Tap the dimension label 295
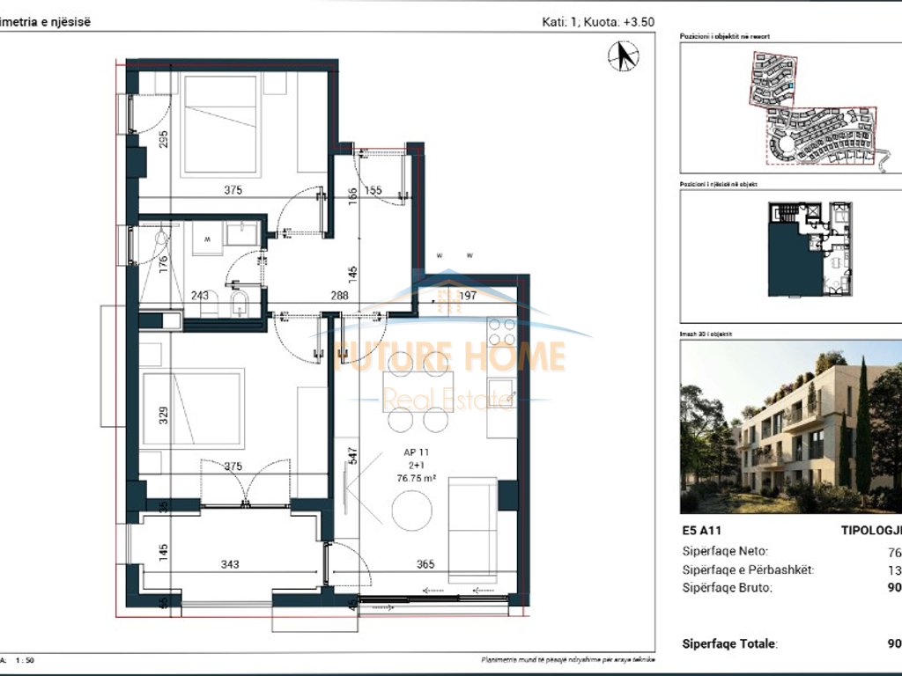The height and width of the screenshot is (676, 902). pyautogui.click(x=164, y=140)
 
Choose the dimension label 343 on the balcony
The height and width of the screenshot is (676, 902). pyautogui.click(x=232, y=565)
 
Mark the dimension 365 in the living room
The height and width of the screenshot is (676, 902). pyautogui.click(x=425, y=565)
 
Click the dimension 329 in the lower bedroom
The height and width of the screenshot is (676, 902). pyautogui.click(x=164, y=415)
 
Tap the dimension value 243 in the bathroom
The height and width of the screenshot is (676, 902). pyautogui.click(x=199, y=296)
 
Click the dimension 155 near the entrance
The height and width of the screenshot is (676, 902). pyautogui.click(x=373, y=190)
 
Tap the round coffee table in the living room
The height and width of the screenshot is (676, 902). pyautogui.click(x=413, y=510)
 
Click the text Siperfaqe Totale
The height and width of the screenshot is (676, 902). pyautogui.click(x=729, y=643)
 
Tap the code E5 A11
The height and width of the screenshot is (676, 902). pyautogui.click(x=701, y=532)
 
